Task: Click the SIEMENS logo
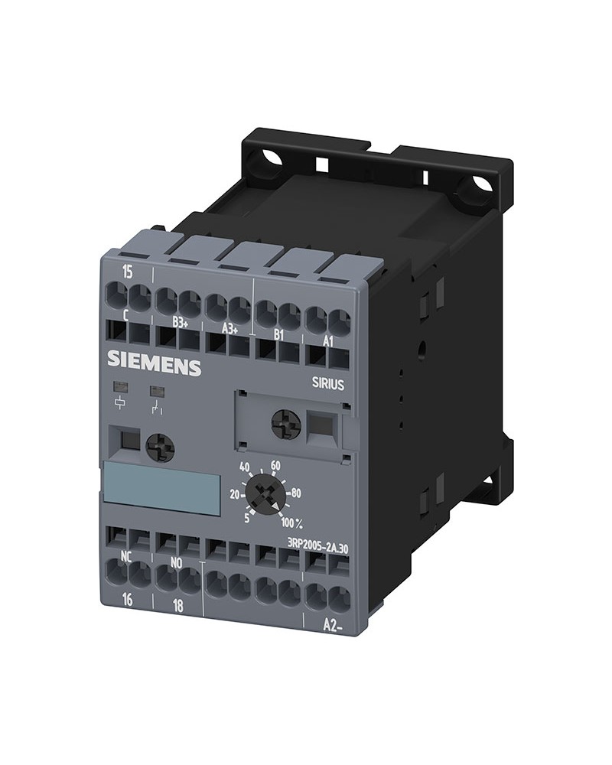[154, 362]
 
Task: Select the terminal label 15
[127, 272]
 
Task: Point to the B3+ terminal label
[181, 322]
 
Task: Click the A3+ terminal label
[229, 329]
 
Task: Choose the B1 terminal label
[278, 335]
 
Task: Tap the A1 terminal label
[328, 342]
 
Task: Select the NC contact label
[126, 556]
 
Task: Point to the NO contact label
[176, 563]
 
